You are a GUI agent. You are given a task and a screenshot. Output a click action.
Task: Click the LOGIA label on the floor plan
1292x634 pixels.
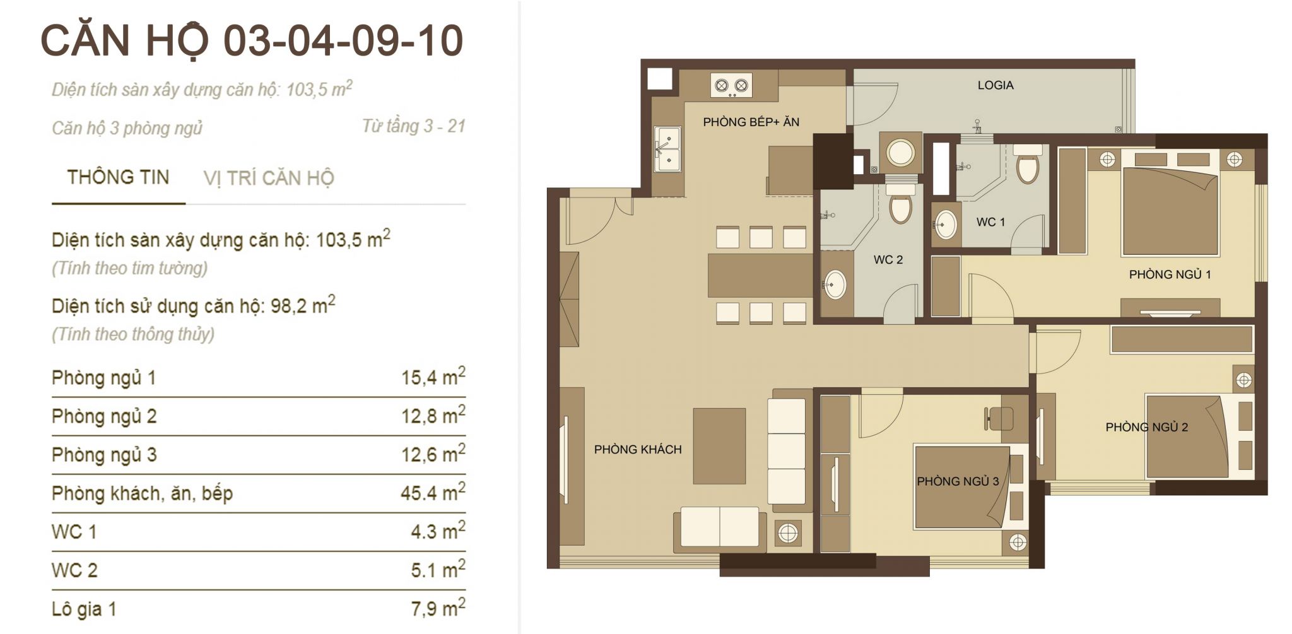995,85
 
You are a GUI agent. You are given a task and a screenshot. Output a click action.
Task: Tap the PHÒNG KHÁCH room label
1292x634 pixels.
638,450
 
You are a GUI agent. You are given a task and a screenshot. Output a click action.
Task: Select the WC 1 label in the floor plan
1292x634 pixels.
990,222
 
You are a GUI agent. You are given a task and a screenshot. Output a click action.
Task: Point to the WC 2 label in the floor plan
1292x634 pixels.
888,259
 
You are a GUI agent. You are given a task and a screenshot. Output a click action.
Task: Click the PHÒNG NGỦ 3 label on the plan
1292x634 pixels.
958,481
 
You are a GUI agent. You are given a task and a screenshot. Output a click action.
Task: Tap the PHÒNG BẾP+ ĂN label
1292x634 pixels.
751,122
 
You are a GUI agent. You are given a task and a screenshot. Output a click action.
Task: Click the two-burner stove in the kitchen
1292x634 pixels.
731,86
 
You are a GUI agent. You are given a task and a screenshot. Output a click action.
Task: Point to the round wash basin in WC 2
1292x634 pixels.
835,285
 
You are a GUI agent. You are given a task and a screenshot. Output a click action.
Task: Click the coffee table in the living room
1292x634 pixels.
719,446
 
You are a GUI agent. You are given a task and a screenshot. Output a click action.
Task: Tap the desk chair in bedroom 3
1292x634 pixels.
999,418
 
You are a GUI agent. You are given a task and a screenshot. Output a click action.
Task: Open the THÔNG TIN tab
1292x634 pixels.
118,177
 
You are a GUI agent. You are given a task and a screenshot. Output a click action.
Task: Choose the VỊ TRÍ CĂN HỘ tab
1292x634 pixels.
269,179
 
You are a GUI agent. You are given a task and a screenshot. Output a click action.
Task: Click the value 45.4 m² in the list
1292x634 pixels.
433,491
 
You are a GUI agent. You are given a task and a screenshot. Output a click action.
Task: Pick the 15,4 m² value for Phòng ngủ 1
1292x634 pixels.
433,377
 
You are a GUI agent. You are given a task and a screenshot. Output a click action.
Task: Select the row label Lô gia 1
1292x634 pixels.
84,609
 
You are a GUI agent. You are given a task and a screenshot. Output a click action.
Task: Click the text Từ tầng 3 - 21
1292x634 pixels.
414,126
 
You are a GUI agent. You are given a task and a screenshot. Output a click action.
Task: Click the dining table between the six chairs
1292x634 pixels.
760,275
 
